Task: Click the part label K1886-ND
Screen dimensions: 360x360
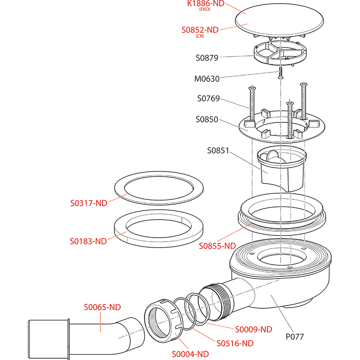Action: click(206, 4)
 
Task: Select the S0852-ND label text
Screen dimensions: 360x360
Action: click(200, 30)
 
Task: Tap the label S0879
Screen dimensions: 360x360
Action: click(207, 58)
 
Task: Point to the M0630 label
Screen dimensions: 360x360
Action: click(207, 79)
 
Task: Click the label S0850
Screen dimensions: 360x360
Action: click(207, 120)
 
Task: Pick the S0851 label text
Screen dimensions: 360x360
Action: click(218, 150)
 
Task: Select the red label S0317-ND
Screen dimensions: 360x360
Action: click(89, 203)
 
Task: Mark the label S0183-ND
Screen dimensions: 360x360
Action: click(88, 241)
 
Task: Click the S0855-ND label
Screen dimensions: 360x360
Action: click(217, 246)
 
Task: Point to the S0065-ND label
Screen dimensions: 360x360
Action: click(103, 308)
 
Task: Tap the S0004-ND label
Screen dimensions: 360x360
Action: click(190, 354)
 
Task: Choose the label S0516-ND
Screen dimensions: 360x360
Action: click(235, 343)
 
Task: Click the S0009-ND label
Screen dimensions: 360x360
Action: click(254, 329)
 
